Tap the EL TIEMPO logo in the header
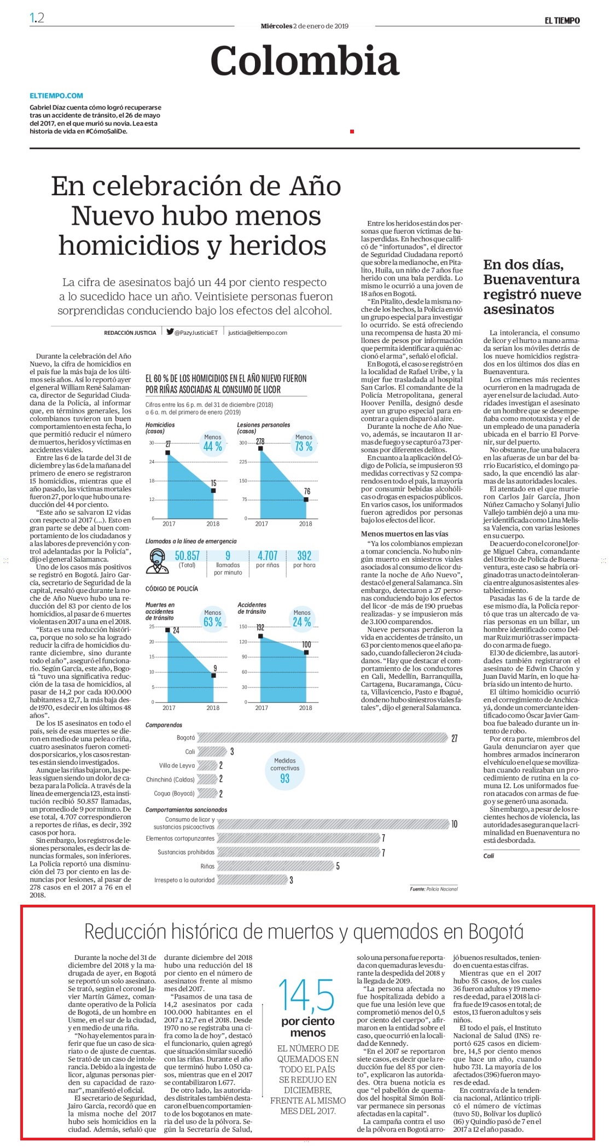point(562,21)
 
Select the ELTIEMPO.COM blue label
point(56,95)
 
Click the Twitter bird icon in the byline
point(170,331)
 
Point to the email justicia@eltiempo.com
point(258,333)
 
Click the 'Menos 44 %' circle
point(213,443)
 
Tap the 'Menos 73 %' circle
point(304,443)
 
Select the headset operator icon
point(158,561)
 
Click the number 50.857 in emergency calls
point(187,556)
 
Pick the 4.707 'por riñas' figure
point(268,556)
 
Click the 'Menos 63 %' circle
point(213,619)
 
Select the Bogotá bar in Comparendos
point(323,738)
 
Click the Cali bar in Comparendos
point(212,752)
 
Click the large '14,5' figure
point(306,995)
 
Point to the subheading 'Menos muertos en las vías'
point(404,534)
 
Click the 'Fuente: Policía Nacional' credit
point(434,889)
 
